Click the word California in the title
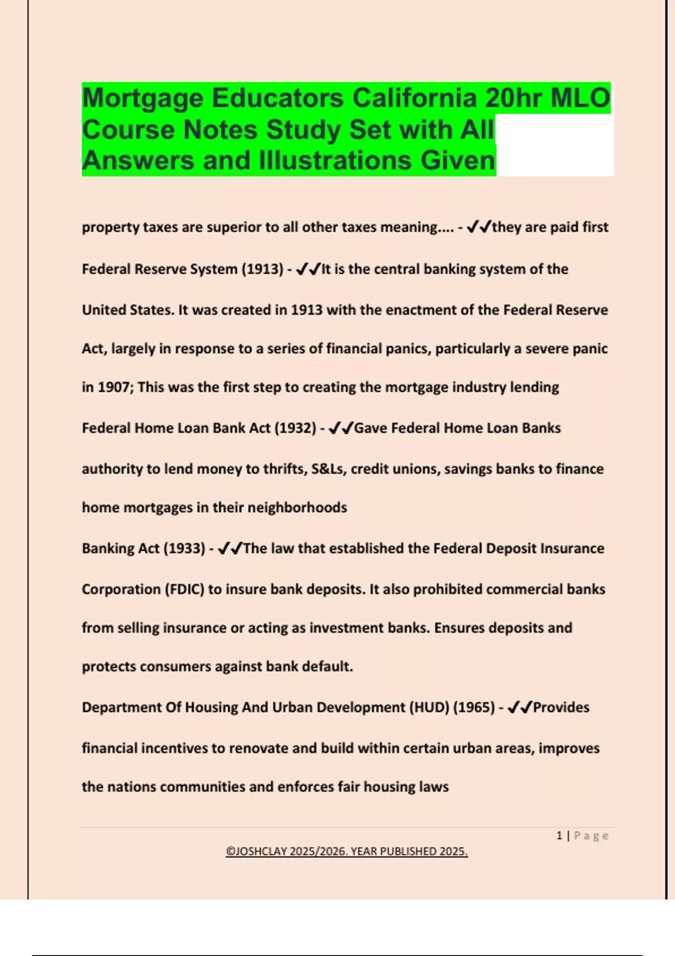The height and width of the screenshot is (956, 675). (x=415, y=98)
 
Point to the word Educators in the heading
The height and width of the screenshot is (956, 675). (x=277, y=98)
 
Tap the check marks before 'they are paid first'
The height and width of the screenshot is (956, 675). (x=479, y=227)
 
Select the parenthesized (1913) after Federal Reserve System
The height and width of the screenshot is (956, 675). (x=263, y=269)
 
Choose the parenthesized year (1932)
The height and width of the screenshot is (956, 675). (x=295, y=428)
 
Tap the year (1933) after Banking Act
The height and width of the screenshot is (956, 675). (x=184, y=548)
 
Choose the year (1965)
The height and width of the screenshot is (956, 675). (x=474, y=707)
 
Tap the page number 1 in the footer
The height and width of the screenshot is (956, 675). (x=559, y=836)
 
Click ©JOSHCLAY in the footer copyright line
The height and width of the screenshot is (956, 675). (x=256, y=851)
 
